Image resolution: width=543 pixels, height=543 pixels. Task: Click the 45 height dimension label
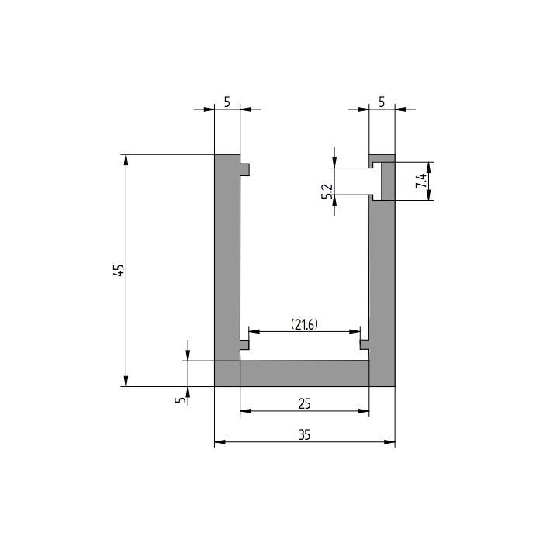point(119,270)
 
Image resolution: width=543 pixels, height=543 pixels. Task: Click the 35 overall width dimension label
point(305,435)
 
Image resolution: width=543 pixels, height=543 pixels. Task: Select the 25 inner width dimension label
point(304,404)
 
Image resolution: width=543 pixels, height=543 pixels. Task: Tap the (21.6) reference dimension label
point(304,324)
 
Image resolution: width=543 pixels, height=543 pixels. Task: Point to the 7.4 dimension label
point(420,181)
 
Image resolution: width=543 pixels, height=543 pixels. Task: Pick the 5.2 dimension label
point(327,192)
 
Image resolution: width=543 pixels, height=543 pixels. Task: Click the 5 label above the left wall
point(227,102)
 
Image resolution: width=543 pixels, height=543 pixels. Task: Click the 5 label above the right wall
point(382,102)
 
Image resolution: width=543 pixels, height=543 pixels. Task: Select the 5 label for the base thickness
point(180,399)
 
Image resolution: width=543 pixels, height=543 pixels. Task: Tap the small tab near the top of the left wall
point(244,169)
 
